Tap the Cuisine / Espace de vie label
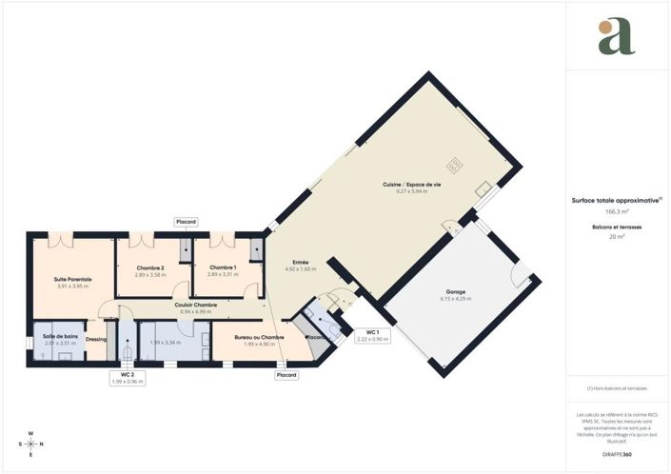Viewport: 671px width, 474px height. [x=412, y=184]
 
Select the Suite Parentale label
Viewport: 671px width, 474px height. [x=72, y=280]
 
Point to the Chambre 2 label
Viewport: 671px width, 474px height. [x=150, y=267]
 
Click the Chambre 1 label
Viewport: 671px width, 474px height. [x=223, y=267]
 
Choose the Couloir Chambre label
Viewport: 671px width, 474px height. [x=196, y=305]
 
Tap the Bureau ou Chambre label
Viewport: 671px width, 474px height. [x=260, y=337]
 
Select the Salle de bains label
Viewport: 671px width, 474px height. [x=60, y=337]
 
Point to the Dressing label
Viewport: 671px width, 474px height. [x=95, y=339]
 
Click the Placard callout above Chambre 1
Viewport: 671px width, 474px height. [x=187, y=222]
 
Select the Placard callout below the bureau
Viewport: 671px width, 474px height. [x=286, y=375]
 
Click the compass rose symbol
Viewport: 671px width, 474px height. [x=31, y=444]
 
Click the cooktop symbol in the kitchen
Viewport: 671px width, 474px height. [x=455, y=163]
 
